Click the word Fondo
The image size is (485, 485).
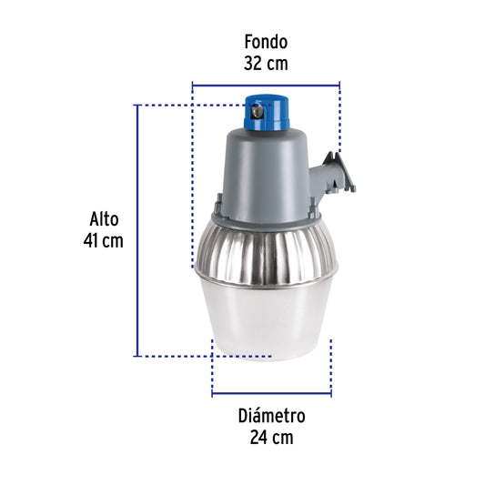point(265,42)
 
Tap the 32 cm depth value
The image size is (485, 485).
point(265,64)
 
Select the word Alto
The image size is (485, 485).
point(104,219)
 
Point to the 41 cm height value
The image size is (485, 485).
point(103,241)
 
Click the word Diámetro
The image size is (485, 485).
point(271,416)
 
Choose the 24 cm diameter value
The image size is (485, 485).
point(271,438)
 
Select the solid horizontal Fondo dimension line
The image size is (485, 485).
point(265,86)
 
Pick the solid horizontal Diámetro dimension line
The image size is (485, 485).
point(271,394)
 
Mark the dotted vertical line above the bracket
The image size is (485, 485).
point(338,118)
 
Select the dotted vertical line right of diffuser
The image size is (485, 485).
point(331,364)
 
